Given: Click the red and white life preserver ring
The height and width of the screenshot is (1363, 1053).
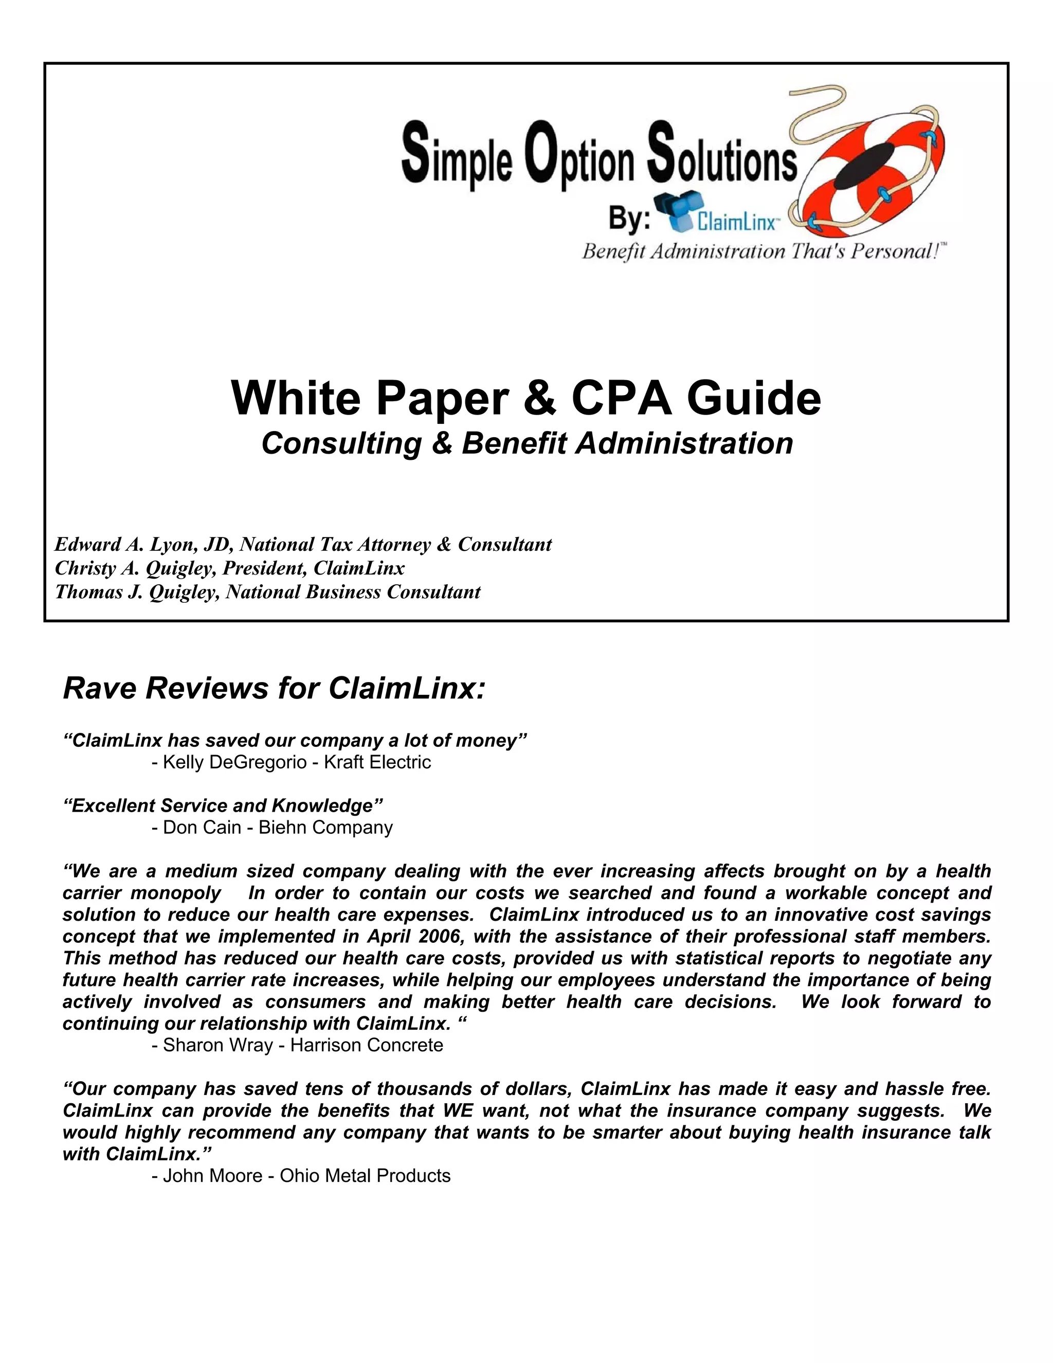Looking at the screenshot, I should pyautogui.click(x=874, y=169).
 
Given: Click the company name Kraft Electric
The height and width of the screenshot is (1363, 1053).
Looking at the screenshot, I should pyautogui.click(x=377, y=762).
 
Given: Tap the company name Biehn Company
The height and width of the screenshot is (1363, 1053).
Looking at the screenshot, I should pyautogui.click(x=325, y=828).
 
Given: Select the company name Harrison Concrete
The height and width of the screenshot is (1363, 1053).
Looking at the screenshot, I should pyautogui.click(x=367, y=1045).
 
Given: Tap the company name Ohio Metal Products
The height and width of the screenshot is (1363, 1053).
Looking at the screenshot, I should pyautogui.click(x=365, y=1176).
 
